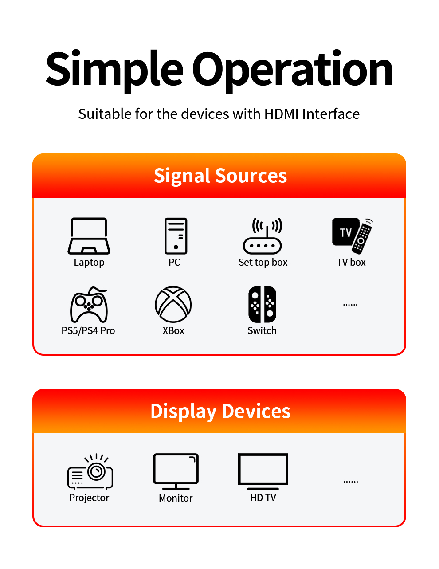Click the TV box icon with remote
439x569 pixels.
click(353, 235)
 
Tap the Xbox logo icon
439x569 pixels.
click(173, 304)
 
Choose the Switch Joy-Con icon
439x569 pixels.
click(263, 304)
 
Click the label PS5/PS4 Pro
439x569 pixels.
click(88, 331)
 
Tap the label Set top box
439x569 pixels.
click(263, 263)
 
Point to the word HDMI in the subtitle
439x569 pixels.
click(282, 114)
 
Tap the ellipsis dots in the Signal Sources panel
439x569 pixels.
click(350, 305)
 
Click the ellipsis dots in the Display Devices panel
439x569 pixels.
click(351, 482)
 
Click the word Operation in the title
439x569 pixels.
click(292, 69)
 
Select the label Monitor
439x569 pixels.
click(176, 498)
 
